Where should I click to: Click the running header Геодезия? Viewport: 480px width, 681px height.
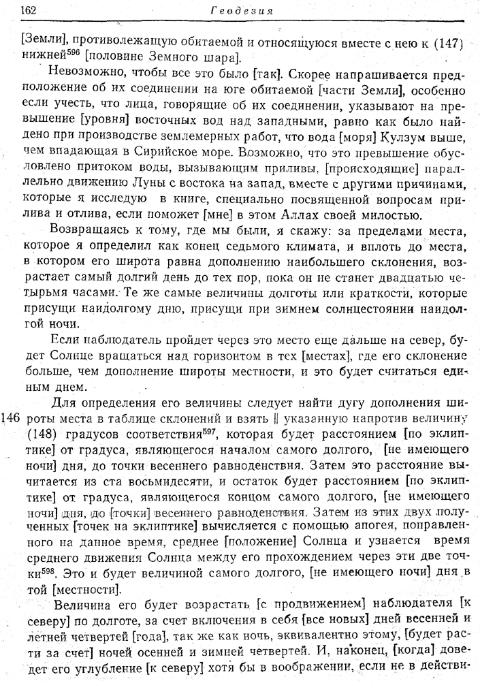242,10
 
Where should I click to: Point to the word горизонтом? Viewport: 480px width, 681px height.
216,355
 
